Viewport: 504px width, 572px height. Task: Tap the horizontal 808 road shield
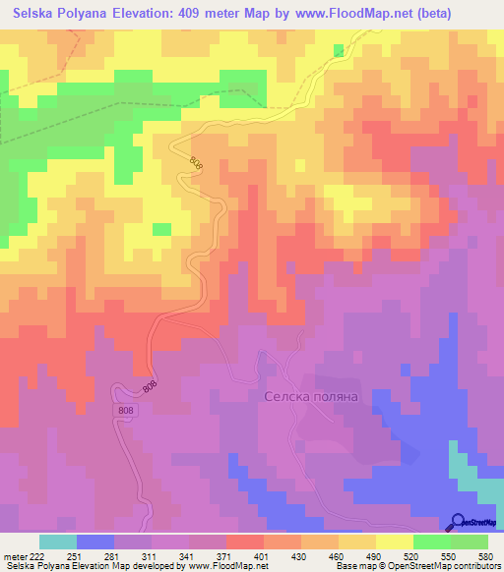tap(125, 410)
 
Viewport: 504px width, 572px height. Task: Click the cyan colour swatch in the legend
tap(57, 542)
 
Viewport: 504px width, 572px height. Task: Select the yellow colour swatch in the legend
tap(394, 542)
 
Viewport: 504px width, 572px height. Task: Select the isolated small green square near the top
tap(340, 49)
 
